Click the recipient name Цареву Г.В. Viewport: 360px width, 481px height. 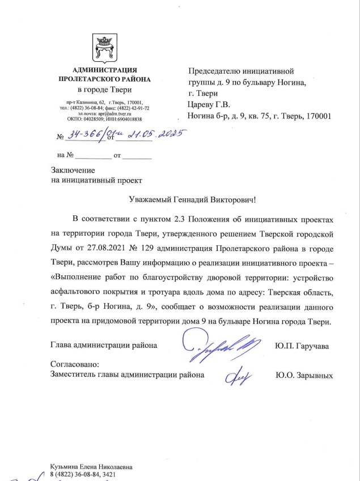click(x=208, y=105)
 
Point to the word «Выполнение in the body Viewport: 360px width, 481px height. click(x=77, y=278)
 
